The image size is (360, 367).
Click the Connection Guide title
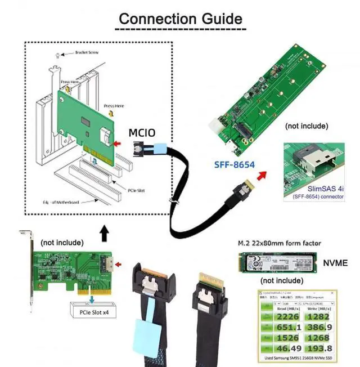[180, 18]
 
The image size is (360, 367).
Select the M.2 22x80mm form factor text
[277, 243]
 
